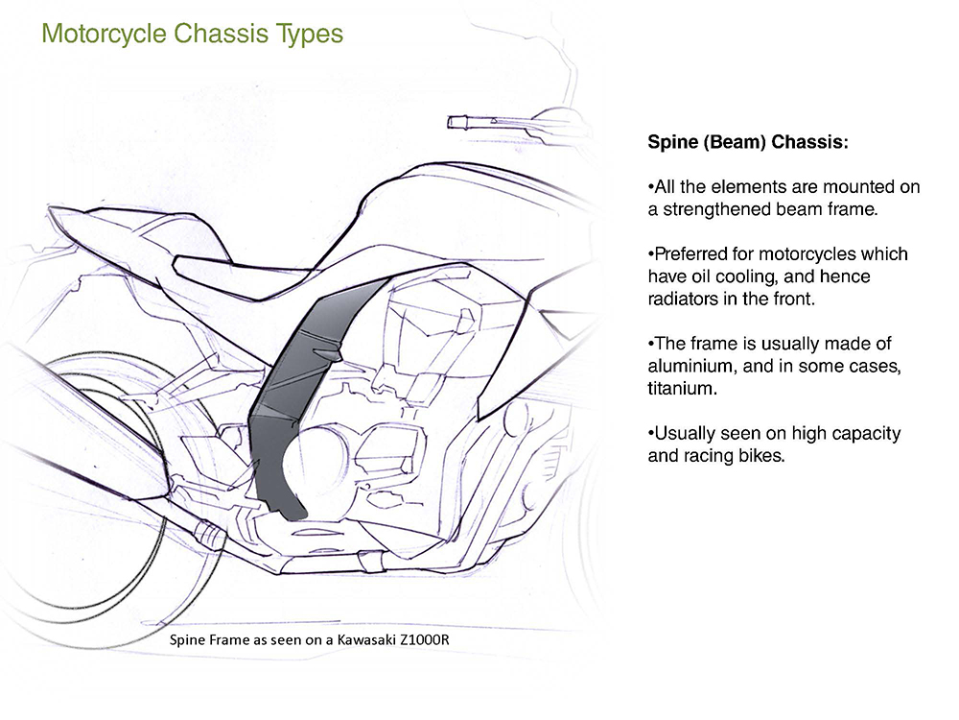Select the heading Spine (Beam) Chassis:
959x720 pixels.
point(748,143)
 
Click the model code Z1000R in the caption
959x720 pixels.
point(422,640)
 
